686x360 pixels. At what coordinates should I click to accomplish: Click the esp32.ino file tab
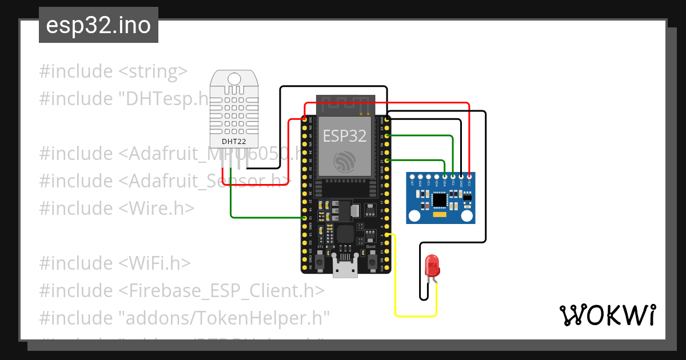(x=98, y=26)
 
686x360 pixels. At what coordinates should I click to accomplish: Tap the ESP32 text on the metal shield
(x=345, y=135)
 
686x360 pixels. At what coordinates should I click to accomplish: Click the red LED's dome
(x=433, y=265)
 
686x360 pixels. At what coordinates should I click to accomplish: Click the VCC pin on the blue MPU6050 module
(x=469, y=177)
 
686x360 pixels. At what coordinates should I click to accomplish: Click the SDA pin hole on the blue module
(x=445, y=177)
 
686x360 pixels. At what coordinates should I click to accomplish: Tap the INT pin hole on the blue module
(x=412, y=177)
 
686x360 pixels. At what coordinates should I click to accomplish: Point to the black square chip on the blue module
(x=440, y=200)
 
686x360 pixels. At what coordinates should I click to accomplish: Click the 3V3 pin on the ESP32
(x=304, y=121)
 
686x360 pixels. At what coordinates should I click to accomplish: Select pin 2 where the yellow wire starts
(x=388, y=235)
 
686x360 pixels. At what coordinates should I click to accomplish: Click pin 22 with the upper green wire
(x=388, y=136)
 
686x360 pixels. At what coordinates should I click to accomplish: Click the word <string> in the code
(x=153, y=71)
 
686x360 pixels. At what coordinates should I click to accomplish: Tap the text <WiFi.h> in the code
(x=154, y=263)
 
